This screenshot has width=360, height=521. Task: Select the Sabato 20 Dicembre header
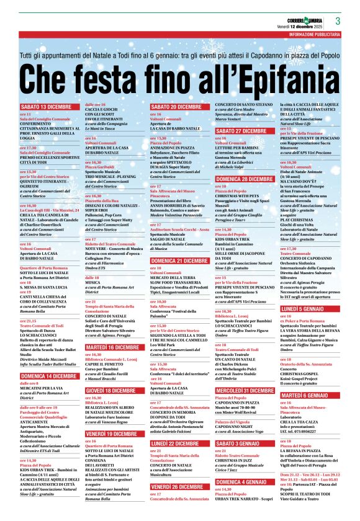pos(176,107)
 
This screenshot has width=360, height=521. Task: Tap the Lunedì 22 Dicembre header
pos(177,444)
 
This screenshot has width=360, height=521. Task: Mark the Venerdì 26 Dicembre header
pos(178,487)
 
